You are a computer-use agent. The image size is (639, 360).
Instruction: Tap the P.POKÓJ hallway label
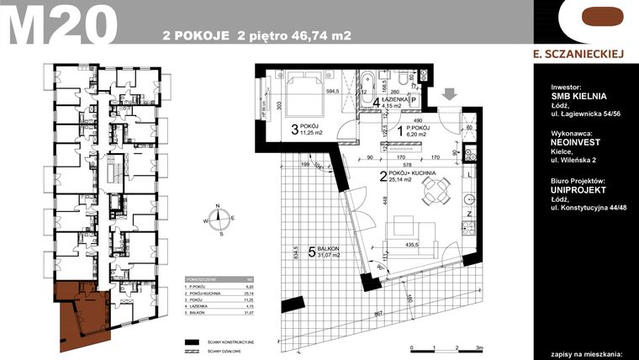click(417, 126)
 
